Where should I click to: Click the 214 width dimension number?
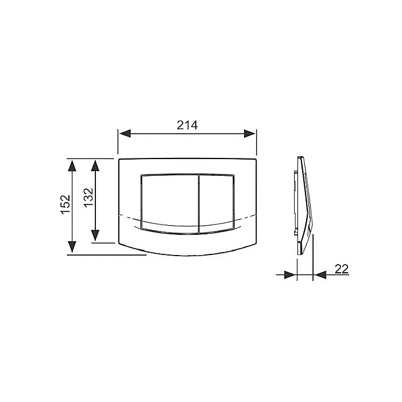pyautogui.click(x=187, y=125)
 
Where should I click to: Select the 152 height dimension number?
pyautogui.click(x=65, y=204)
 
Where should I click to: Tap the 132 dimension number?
pyautogui.click(x=88, y=198)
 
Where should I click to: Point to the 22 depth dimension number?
pyautogui.click(x=342, y=269)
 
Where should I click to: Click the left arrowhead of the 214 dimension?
pyautogui.click(x=125, y=134)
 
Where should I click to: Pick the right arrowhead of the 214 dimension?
pyautogui.click(x=249, y=134)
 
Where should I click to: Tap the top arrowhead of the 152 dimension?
pyautogui.click(x=72, y=165)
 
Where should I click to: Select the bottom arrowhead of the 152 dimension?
pyautogui.click(x=72, y=247)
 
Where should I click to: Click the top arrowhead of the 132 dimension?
pyautogui.click(x=95, y=165)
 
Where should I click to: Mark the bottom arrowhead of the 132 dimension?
pyautogui.click(x=95, y=235)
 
